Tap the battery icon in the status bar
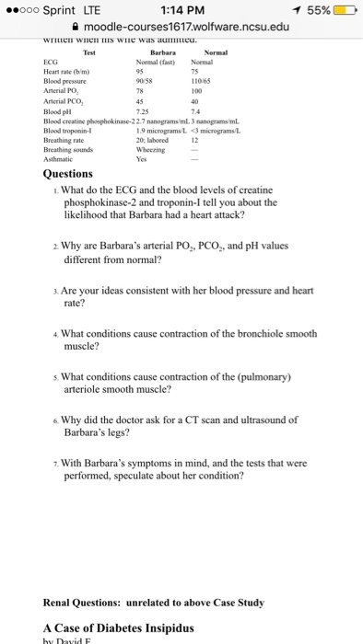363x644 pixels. (x=340, y=11)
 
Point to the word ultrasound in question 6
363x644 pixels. (x=257, y=419)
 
